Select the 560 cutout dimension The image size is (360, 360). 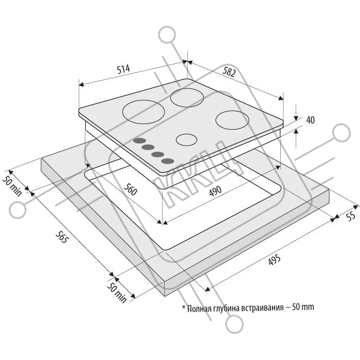(130, 190)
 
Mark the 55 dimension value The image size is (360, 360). (351, 217)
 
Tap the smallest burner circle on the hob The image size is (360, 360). (187, 139)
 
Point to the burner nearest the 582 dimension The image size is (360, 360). (187, 97)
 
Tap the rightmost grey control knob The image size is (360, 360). (167, 161)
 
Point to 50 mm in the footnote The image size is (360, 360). (302, 308)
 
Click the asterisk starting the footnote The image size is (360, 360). (183, 307)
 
